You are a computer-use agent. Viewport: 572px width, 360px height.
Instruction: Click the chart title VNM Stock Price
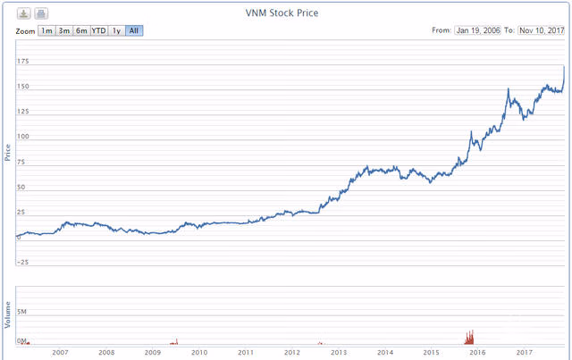282,13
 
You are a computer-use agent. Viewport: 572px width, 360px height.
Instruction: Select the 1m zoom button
46,30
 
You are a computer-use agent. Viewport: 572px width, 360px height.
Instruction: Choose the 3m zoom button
63,30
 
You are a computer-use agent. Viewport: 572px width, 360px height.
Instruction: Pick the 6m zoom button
81,30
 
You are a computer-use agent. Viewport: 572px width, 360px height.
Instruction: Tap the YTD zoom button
99,30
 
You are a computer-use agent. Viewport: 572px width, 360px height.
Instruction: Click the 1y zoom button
116,30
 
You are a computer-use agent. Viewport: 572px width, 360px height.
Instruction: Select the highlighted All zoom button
134,30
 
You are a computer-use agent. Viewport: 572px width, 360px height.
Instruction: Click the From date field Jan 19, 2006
478,30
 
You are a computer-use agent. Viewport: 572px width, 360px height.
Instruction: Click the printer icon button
41,13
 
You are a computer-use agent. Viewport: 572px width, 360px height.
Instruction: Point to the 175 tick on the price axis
22,62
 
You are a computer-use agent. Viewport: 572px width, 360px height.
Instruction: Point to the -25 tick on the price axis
22,262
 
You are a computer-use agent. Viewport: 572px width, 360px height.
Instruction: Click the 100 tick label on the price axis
22,137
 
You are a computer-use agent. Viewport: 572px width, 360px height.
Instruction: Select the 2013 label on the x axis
339,352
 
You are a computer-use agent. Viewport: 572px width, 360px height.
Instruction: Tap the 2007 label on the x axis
60,352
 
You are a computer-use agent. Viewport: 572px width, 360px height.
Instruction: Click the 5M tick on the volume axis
24,312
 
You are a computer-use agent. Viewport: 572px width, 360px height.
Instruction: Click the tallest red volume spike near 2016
471,332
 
